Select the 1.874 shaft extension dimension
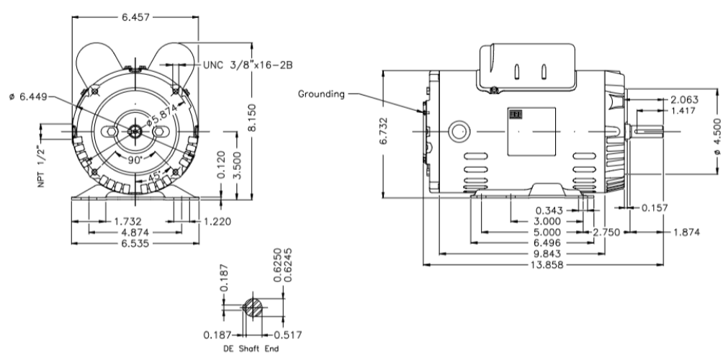(x=682, y=232)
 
